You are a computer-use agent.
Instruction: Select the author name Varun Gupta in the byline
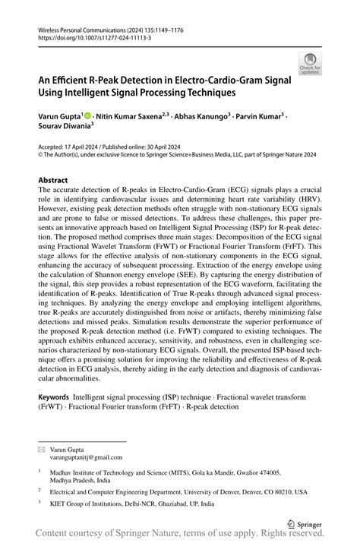(58, 117)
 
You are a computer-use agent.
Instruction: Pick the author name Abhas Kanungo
(192, 117)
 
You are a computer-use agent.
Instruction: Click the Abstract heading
(52, 181)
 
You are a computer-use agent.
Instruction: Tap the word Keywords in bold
(53, 397)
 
